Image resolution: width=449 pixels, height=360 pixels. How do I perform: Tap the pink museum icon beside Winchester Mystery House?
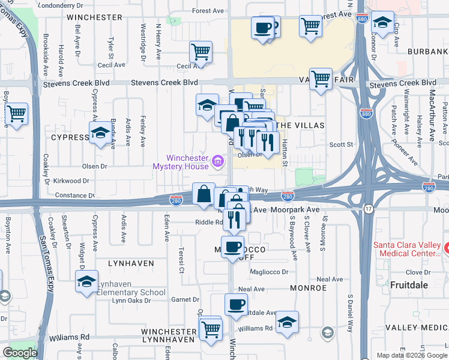coord(218,161)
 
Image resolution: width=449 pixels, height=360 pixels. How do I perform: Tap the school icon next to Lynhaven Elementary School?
coord(86,281)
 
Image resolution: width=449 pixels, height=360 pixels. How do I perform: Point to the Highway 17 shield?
coord(368,208)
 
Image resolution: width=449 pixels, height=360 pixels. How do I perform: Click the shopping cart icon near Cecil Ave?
coord(200,51)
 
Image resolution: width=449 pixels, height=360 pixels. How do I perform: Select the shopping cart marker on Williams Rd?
coord(210,328)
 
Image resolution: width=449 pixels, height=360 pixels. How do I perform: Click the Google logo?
coord(20,352)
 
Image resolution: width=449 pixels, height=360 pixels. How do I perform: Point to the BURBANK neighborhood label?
coord(428,52)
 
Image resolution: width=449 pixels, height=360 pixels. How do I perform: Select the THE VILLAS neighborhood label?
coord(301,125)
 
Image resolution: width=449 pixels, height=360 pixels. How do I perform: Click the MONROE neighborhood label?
coord(308,288)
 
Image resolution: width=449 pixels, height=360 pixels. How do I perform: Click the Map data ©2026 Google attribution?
coord(411,355)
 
